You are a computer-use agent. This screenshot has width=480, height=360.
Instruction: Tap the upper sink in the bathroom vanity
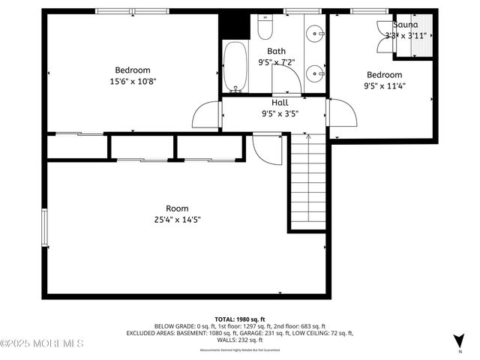point(316,34)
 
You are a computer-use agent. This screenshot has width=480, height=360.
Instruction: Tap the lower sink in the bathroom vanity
point(316,72)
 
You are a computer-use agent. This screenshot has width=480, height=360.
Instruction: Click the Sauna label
point(402,25)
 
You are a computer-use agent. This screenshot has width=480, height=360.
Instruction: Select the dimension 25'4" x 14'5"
point(177,220)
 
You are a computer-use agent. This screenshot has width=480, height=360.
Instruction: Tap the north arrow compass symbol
point(459,340)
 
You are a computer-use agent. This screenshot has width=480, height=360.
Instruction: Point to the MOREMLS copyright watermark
point(42,343)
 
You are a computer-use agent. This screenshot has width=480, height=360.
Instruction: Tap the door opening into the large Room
point(266,148)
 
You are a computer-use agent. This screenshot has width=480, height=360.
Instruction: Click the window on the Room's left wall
point(44,229)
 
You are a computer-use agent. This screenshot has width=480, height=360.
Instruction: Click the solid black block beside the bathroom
point(233,25)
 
